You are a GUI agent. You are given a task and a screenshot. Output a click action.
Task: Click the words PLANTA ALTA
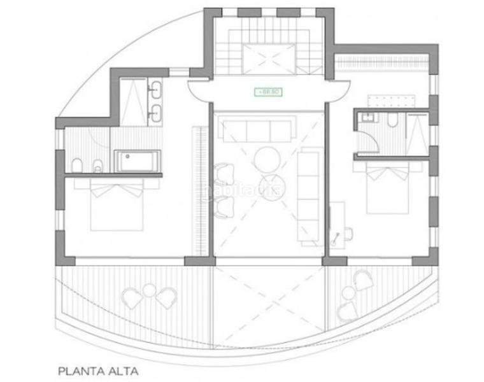(x=97, y=369)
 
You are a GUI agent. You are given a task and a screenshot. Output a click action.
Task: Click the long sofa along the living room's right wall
(x=311, y=196)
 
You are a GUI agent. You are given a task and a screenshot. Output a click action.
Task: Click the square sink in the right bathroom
(x=366, y=118)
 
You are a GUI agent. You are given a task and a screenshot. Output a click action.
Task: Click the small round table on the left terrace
(x=149, y=290)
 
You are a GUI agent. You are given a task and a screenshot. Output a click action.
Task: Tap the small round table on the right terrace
(x=348, y=294)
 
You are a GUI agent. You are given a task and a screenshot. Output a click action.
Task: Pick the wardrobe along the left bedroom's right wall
(x=204, y=191)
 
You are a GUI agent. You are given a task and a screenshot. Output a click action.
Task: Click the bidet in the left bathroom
(x=95, y=166)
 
